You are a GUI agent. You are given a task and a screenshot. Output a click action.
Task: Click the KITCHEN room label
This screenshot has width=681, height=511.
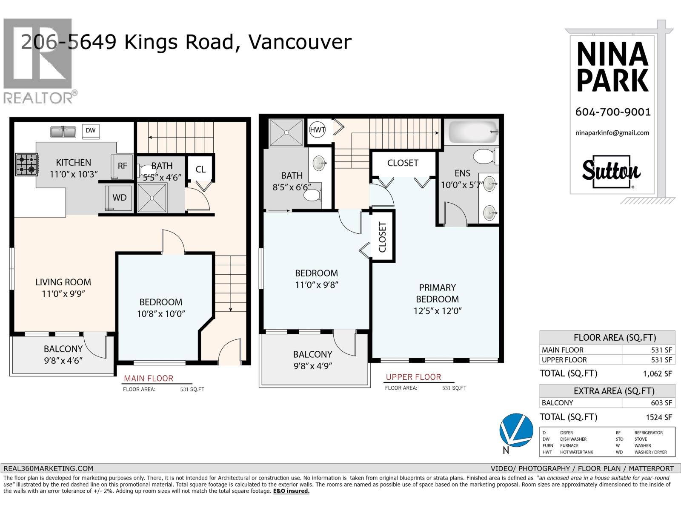pyautogui.click(x=74, y=162)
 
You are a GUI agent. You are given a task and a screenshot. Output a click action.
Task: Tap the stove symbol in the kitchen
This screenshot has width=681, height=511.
pyautogui.click(x=27, y=165)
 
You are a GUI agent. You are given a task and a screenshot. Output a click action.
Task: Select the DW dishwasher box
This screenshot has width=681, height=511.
pyautogui.click(x=91, y=131)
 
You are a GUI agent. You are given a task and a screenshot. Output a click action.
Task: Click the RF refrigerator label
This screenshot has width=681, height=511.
pyautogui.click(x=123, y=166)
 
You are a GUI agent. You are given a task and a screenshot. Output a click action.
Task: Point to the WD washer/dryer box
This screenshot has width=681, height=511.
pyautogui.click(x=120, y=198)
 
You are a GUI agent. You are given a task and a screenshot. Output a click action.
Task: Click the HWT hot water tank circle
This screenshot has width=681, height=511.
pyautogui.click(x=318, y=130)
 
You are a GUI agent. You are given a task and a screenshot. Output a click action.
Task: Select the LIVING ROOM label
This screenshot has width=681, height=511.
pyautogui.click(x=63, y=282)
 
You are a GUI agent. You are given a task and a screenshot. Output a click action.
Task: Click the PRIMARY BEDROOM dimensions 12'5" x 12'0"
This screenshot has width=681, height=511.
pyautogui.click(x=438, y=311)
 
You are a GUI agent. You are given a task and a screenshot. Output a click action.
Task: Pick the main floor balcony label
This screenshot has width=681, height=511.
pyautogui.click(x=63, y=349)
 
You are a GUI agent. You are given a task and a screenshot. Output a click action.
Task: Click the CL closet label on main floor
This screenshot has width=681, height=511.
pyautogui.click(x=200, y=169)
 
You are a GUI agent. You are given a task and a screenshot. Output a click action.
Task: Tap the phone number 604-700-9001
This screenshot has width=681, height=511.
pyautogui.click(x=613, y=112)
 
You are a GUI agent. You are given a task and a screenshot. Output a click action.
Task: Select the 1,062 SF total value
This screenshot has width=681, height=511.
pyautogui.click(x=657, y=374)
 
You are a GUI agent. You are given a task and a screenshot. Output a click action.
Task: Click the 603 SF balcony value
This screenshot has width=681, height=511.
pyautogui.click(x=661, y=403)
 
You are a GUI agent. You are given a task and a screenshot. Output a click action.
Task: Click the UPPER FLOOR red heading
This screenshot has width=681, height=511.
pyautogui.click(x=413, y=377)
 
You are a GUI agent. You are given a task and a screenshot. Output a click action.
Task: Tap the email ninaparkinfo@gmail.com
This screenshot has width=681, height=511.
pyautogui.click(x=612, y=133)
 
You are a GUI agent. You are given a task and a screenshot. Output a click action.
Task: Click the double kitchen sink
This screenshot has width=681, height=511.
pyautogui.click(x=63, y=132)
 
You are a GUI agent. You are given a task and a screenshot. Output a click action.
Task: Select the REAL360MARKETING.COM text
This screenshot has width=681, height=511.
pyautogui.click(x=48, y=468)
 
